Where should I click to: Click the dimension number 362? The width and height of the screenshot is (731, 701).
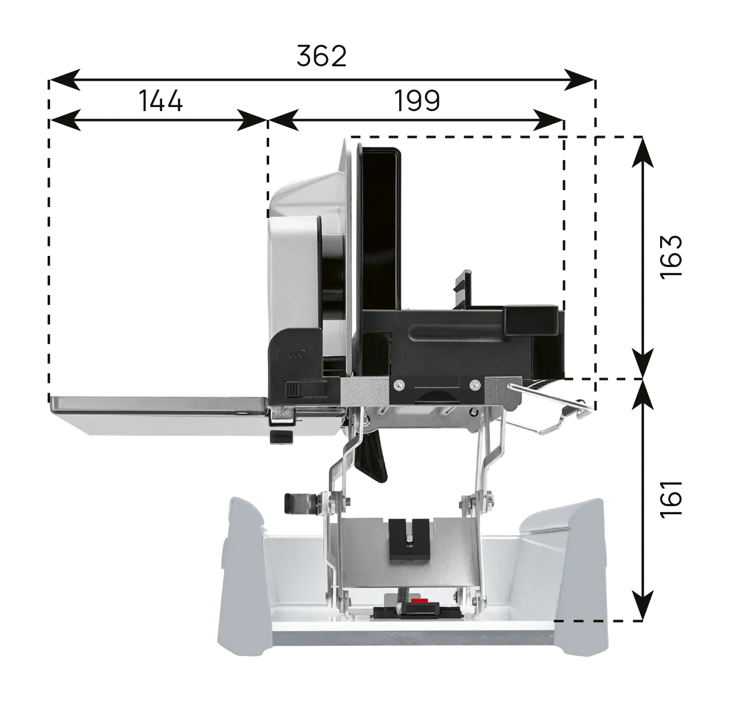pyautogui.click(x=321, y=56)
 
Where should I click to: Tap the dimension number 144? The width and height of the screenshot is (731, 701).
pyautogui.click(x=161, y=101)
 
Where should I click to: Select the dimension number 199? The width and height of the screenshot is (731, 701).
pyautogui.click(x=417, y=101)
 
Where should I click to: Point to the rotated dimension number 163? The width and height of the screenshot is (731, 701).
pyautogui.click(x=671, y=257)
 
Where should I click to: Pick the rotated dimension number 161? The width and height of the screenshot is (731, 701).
pyautogui.click(x=671, y=499)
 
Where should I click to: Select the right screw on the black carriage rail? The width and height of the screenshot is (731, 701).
pyautogui.click(x=475, y=384)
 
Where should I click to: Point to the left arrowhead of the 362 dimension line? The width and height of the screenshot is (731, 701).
pyautogui.click(x=64, y=80)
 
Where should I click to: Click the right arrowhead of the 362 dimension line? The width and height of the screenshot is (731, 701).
pyautogui.click(x=579, y=80)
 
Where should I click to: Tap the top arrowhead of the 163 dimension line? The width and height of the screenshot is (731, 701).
pyautogui.click(x=643, y=152)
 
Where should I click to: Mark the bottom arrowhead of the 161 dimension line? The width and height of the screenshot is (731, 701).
pyautogui.click(x=643, y=605)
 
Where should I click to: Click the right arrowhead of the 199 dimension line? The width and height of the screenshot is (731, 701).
pyautogui.click(x=548, y=120)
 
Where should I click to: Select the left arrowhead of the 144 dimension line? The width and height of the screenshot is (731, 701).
pyautogui.click(x=64, y=120)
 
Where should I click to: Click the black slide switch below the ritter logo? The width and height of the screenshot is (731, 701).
pyautogui.click(x=294, y=388)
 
